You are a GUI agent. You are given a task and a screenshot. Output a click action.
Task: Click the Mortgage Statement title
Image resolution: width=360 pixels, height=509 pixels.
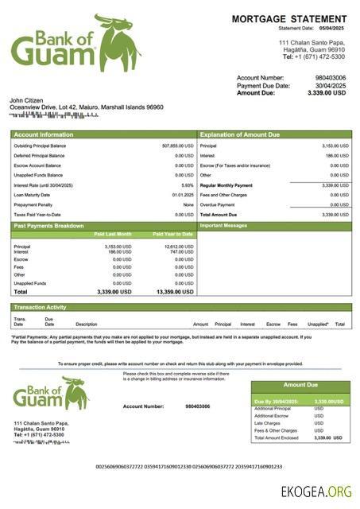pos(288,18)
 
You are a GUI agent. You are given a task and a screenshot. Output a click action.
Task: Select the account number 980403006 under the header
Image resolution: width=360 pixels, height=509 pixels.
pos(331,78)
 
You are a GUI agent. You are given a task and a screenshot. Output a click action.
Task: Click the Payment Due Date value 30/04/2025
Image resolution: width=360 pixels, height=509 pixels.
pos(331,85)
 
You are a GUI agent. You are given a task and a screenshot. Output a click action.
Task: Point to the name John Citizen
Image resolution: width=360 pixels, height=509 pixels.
pos(26,100)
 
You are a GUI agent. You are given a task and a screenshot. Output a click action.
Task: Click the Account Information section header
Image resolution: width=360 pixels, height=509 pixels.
pos(44,134)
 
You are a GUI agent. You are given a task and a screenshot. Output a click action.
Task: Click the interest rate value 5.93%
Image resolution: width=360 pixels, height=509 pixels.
pos(188,185)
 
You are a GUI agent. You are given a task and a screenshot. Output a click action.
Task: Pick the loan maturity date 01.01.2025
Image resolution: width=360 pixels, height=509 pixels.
pos(183,194)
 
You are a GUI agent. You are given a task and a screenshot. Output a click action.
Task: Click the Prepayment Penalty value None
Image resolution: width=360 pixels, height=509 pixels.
pos(188,204)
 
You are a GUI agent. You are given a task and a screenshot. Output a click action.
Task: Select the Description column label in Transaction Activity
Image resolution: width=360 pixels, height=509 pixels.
pos(86,324)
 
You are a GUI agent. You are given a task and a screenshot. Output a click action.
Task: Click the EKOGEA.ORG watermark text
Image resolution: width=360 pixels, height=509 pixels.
pos(315,492)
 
